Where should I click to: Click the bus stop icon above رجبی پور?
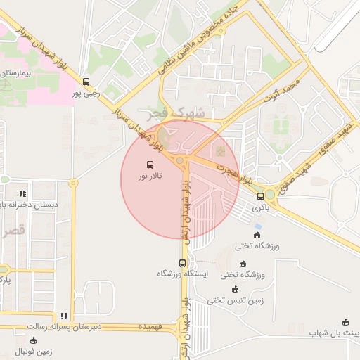[x=86, y=82]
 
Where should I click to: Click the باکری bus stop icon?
[x=261, y=196]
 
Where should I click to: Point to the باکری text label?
[x=261, y=208]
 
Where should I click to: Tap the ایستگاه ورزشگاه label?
[x=182, y=274]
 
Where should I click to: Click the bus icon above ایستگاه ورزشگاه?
[x=183, y=263]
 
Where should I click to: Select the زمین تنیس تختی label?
[x=235, y=300]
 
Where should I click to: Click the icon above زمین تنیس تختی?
[x=235, y=289]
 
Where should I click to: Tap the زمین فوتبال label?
[x=33, y=352]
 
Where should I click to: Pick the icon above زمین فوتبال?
[x=33, y=340]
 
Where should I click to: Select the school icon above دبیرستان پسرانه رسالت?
[x=64, y=316]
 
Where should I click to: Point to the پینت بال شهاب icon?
[x=345, y=321]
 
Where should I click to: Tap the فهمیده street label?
[x=150, y=328]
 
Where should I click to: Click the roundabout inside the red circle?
[x=181, y=161]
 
